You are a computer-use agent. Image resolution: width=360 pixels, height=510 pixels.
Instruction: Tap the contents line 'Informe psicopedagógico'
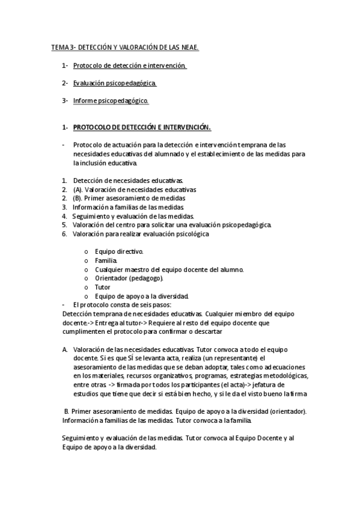coord(111,100)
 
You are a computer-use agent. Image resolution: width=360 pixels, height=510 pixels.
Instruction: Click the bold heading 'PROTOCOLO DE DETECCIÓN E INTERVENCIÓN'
coord(142,127)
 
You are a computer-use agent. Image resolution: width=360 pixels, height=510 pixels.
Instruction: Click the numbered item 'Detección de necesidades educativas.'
coord(128,180)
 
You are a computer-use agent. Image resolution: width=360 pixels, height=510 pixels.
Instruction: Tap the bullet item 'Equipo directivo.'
coord(119,251)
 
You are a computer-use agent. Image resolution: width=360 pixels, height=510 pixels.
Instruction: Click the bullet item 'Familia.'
coord(106,260)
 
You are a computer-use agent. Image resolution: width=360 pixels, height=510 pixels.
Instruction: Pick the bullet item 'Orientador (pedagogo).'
coord(129,278)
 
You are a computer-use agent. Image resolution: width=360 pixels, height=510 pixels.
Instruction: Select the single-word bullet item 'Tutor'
coord(103,287)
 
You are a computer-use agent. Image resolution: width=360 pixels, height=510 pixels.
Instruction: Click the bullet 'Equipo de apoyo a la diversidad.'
coord(142,296)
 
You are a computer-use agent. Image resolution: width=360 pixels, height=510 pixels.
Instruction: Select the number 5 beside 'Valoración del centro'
coord(64,225)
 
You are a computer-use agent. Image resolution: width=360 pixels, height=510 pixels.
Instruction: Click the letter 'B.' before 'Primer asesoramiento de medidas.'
coord(67,411)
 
